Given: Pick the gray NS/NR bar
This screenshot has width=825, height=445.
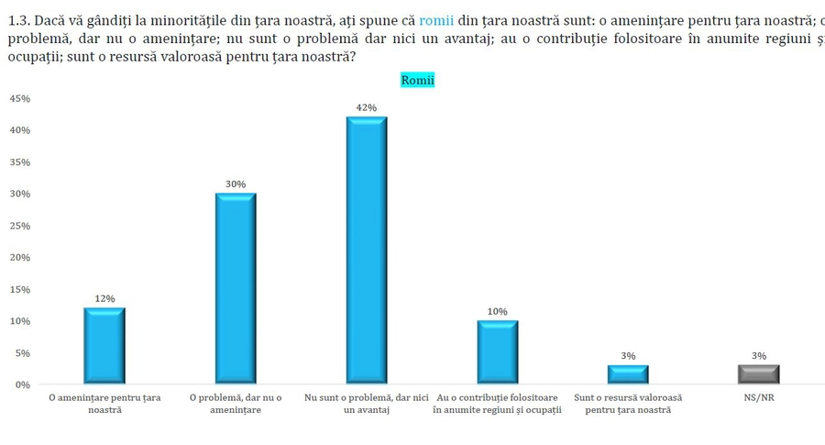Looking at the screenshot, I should click(x=759, y=374).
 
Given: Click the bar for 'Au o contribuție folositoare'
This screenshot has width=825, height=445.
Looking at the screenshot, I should click(x=497, y=351).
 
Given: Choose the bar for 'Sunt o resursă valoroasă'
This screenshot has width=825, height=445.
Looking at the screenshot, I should click(x=628, y=374).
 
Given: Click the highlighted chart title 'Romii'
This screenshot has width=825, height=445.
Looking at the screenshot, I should click(x=418, y=80).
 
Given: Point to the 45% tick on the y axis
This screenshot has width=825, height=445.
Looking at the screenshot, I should click(x=19, y=98).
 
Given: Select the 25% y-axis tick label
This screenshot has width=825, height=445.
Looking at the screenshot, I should click(x=19, y=226).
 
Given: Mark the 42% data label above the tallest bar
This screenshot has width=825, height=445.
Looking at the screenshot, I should click(x=367, y=107).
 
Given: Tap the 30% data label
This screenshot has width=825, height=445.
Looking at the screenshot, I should click(x=236, y=184).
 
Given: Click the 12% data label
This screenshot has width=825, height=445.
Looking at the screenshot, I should click(x=104, y=298).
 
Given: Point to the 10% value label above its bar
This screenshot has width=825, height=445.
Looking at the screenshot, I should click(x=497, y=311).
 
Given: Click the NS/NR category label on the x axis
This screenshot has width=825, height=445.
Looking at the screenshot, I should click(x=759, y=398).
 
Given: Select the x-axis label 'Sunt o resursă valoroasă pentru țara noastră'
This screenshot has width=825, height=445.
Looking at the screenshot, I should click(x=628, y=404).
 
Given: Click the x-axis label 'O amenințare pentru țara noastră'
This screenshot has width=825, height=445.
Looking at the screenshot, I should click(x=104, y=404).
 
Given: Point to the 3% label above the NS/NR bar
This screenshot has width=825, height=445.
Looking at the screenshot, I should click(x=759, y=355).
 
